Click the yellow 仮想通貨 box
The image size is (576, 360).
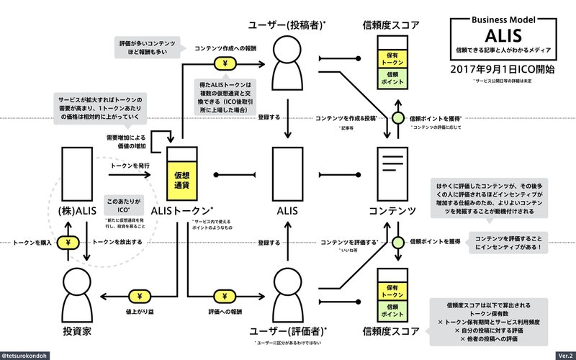[x=181, y=179]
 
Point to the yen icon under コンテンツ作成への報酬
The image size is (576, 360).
[x=225, y=62]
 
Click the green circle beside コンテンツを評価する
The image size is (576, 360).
[x=398, y=242]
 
